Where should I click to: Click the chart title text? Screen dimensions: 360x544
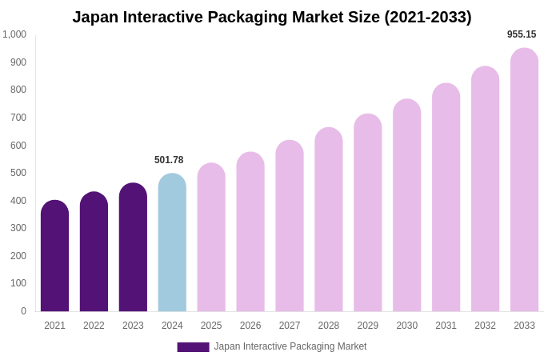[272, 17]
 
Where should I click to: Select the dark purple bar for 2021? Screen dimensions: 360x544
[54, 256]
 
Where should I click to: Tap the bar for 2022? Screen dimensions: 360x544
[94, 252]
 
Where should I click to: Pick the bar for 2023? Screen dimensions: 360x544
[133, 248]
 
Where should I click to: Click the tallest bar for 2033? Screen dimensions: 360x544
[524, 180]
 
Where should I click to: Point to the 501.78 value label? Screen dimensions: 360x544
[169, 160]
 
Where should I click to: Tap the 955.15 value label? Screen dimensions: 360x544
[522, 34]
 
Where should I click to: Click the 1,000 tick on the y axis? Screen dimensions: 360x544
[14, 34]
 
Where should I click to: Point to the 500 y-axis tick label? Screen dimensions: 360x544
[18, 173]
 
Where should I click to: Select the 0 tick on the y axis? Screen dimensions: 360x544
[23, 311]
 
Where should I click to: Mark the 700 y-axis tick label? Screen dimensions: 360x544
[18, 118]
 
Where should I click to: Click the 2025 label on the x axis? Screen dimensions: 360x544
[211, 326]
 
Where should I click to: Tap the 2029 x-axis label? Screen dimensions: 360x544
[368, 326]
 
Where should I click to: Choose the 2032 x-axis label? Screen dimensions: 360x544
[485, 326]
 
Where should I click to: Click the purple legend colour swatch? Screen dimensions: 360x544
[193, 347]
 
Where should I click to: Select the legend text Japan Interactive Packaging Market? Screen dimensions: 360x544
[290, 346]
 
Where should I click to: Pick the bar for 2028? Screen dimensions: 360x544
[329, 220]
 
